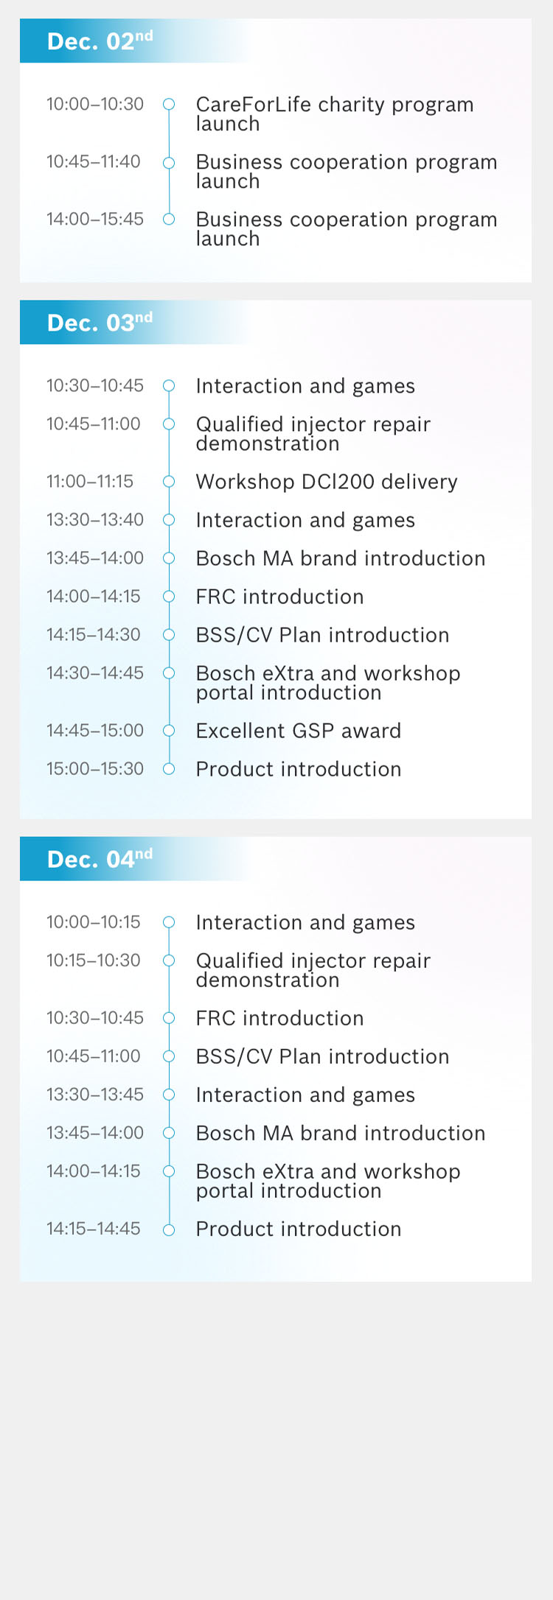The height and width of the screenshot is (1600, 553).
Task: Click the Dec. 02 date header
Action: tap(100, 41)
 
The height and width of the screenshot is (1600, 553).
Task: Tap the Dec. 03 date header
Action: tap(100, 322)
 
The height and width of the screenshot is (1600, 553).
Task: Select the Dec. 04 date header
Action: tap(100, 858)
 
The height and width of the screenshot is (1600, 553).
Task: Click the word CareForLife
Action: tap(253, 105)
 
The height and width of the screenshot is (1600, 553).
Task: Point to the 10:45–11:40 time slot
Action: tap(94, 161)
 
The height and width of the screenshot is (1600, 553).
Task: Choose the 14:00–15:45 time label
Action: tap(95, 219)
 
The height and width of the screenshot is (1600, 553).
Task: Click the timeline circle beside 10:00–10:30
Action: tap(169, 104)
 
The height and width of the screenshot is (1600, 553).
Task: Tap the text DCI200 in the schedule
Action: tap(338, 482)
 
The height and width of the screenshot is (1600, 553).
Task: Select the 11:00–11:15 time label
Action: tap(90, 481)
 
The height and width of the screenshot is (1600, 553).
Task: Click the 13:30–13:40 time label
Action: tap(95, 519)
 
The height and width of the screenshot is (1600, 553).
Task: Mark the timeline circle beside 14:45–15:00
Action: tap(169, 730)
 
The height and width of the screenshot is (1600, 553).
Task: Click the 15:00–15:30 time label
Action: tap(95, 768)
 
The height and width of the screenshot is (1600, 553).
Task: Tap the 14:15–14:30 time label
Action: tap(94, 634)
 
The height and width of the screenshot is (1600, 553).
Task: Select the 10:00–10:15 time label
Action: tap(94, 922)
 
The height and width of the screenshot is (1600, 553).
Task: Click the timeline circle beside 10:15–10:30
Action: tap(169, 960)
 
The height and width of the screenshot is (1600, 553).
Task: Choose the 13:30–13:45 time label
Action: tap(95, 1094)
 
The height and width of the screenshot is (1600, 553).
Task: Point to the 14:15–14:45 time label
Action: tap(94, 1228)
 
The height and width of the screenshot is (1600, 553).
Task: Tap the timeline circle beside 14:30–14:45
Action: tap(169, 673)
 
